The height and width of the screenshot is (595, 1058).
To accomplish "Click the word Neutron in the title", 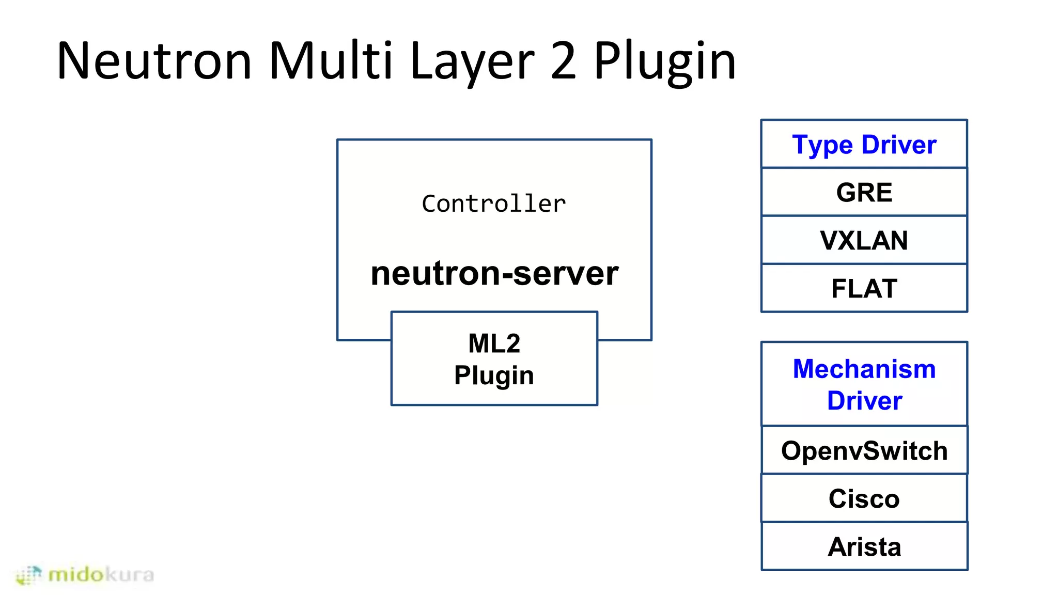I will (x=154, y=61).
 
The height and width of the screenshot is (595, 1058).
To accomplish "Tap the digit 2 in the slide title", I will (x=563, y=61).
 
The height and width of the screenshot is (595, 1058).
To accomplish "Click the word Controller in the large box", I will (x=494, y=203).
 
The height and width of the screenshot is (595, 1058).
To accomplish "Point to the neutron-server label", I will (x=494, y=273).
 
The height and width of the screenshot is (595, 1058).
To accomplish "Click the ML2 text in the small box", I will (x=494, y=343).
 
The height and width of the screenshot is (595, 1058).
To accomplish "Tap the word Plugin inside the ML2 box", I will (x=494, y=375).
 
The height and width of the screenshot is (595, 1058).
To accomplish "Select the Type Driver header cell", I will (x=864, y=144).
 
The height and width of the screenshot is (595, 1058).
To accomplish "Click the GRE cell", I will (x=864, y=192).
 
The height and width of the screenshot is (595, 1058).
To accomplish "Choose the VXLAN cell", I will (x=864, y=240).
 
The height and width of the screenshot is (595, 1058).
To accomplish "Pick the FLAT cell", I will (x=864, y=288).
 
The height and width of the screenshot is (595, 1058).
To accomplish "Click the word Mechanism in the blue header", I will (x=864, y=369).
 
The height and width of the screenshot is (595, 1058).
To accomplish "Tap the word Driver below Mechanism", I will (x=864, y=401).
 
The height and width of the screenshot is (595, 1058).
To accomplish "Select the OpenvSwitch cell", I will (x=864, y=450).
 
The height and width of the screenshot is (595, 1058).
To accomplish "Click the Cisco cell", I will (x=864, y=498).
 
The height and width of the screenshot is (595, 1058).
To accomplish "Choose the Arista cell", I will (x=864, y=546).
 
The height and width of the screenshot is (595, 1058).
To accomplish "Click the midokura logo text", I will (x=101, y=574).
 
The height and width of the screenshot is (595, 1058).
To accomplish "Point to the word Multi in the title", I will (x=331, y=61).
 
